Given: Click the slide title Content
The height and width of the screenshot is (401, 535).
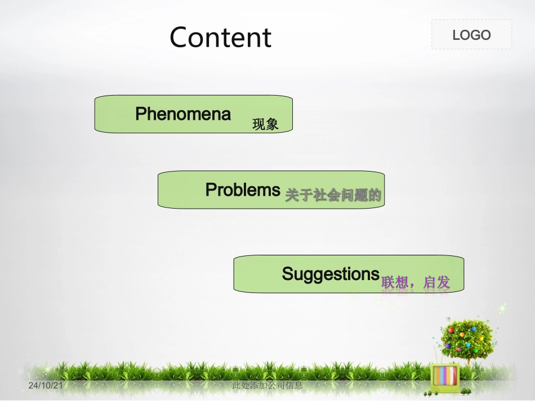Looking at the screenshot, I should click(x=220, y=37).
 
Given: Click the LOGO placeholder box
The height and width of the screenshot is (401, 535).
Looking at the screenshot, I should click(x=471, y=35).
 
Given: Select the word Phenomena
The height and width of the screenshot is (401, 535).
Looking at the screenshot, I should click(x=183, y=114).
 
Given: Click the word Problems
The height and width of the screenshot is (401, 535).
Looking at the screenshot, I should click(x=243, y=190).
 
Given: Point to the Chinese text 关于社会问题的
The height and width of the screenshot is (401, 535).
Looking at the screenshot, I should click(x=333, y=196).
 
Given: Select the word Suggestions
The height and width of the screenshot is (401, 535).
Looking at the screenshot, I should click(x=331, y=274).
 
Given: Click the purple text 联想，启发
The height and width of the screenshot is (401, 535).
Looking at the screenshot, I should click(x=416, y=282).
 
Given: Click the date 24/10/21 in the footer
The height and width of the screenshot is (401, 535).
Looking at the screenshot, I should click(x=46, y=385).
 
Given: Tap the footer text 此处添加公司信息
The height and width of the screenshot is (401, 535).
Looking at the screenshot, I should click(x=267, y=385).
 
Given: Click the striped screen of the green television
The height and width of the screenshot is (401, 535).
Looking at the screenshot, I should click(x=444, y=375).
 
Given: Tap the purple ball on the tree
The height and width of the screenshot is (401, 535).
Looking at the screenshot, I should click(x=448, y=345).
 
